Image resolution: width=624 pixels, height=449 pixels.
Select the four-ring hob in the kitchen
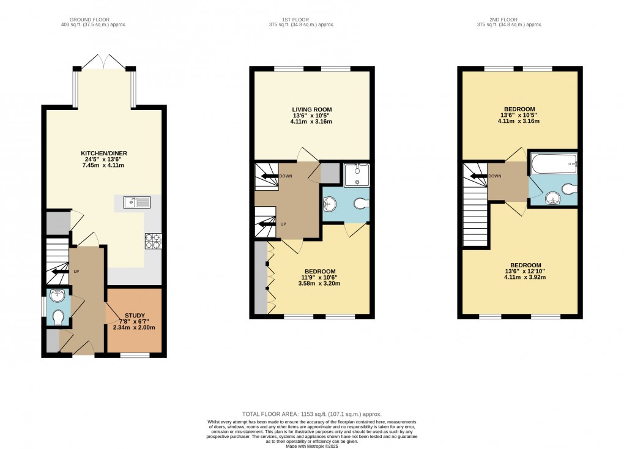[153, 241]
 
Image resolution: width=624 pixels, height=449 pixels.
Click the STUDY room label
[133, 315]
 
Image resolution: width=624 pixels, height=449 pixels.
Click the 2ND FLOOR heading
[510, 18]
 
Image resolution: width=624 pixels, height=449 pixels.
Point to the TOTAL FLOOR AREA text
[312, 414]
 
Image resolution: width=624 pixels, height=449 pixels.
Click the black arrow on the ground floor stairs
[62, 272]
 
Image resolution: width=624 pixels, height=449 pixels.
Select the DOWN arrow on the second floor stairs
[477, 176]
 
